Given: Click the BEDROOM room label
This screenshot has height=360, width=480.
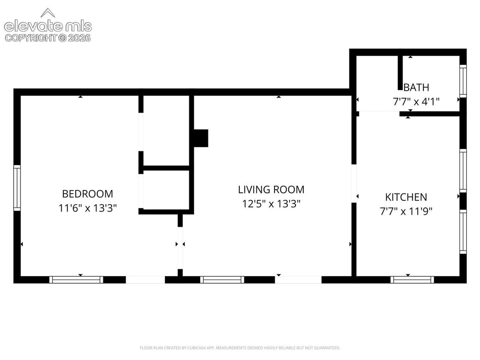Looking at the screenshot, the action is pos(87,194).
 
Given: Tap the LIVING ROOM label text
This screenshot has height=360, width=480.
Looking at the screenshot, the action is pos(271,189).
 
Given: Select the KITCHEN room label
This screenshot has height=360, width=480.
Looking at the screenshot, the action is pos(406,197).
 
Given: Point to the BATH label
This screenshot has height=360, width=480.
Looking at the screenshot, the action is pos(416,87).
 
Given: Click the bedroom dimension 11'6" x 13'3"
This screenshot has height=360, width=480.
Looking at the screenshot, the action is pos(87,208).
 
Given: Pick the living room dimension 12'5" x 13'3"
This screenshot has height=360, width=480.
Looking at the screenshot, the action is pos(271,204).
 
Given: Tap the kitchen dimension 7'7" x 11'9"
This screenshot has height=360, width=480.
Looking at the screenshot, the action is pos(406,211).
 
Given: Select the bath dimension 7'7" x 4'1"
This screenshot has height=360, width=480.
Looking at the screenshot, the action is pos(416,102).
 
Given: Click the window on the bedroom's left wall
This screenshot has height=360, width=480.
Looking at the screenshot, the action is pos(17,188).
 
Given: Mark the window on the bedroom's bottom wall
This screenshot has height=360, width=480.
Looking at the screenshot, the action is pos(76,280).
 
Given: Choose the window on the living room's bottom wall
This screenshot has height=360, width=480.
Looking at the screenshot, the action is pos(222,280).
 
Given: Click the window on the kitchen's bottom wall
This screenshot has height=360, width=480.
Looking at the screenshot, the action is pos(412,280).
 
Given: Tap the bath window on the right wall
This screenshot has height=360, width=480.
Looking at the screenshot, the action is pos(463,81).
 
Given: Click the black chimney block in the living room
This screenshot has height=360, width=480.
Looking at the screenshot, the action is pos(201,138).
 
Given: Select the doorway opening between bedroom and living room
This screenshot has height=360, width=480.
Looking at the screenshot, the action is pos(180,248).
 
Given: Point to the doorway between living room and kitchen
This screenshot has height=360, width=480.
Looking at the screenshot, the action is pos(354,183).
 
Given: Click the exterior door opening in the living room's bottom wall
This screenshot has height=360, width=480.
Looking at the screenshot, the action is pos(298,280).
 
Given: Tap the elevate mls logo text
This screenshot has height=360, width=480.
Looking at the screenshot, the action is pos(48,26).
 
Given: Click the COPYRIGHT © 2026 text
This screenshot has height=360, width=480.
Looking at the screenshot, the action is pos(48,38).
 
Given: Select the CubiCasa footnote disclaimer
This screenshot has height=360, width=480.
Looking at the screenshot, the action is pos(240,348).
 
